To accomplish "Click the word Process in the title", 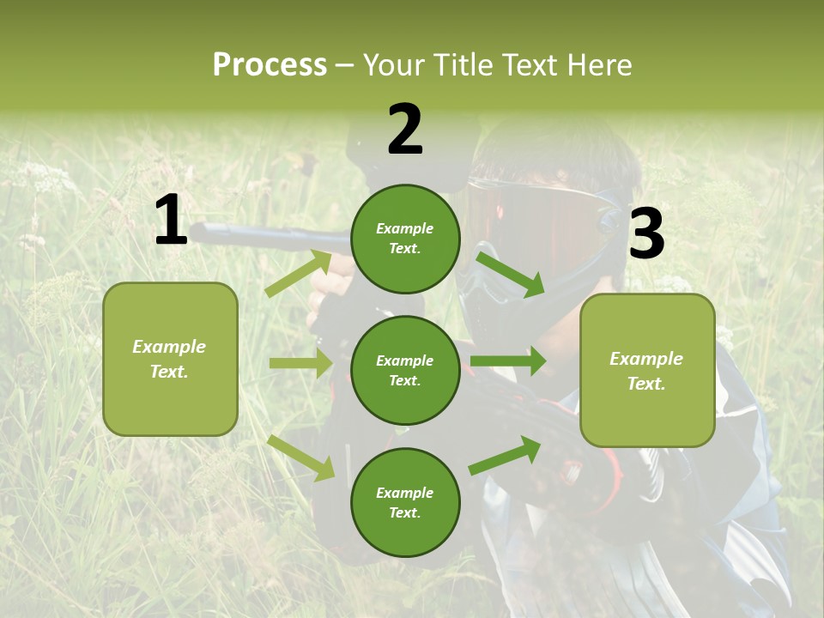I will pyautogui.click(x=270, y=65).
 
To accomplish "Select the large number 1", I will pyautogui.click(x=171, y=221).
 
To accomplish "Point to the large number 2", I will pyautogui.click(x=405, y=130).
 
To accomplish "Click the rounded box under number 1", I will pyautogui.click(x=170, y=359).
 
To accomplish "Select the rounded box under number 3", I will pyautogui.click(x=647, y=370).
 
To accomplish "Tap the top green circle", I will pyautogui.click(x=405, y=239).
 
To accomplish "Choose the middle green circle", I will pyautogui.click(x=405, y=370).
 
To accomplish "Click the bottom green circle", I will pyautogui.click(x=405, y=502).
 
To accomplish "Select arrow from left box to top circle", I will pyautogui.click(x=299, y=273).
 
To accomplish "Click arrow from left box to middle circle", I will pyautogui.click(x=300, y=363).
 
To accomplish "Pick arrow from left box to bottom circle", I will pyautogui.click(x=301, y=457).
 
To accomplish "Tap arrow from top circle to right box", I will pyautogui.click(x=511, y=273).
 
